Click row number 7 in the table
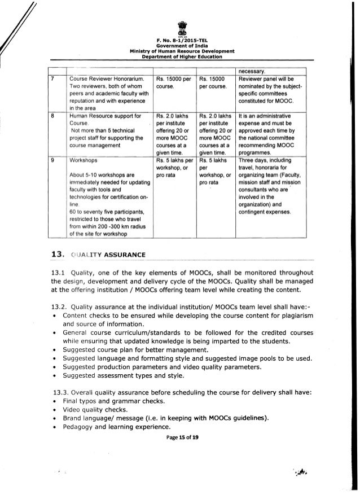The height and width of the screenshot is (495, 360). point(52,78)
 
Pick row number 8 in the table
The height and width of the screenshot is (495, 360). point(52,116)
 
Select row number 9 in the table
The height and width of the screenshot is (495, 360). point(52,160)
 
